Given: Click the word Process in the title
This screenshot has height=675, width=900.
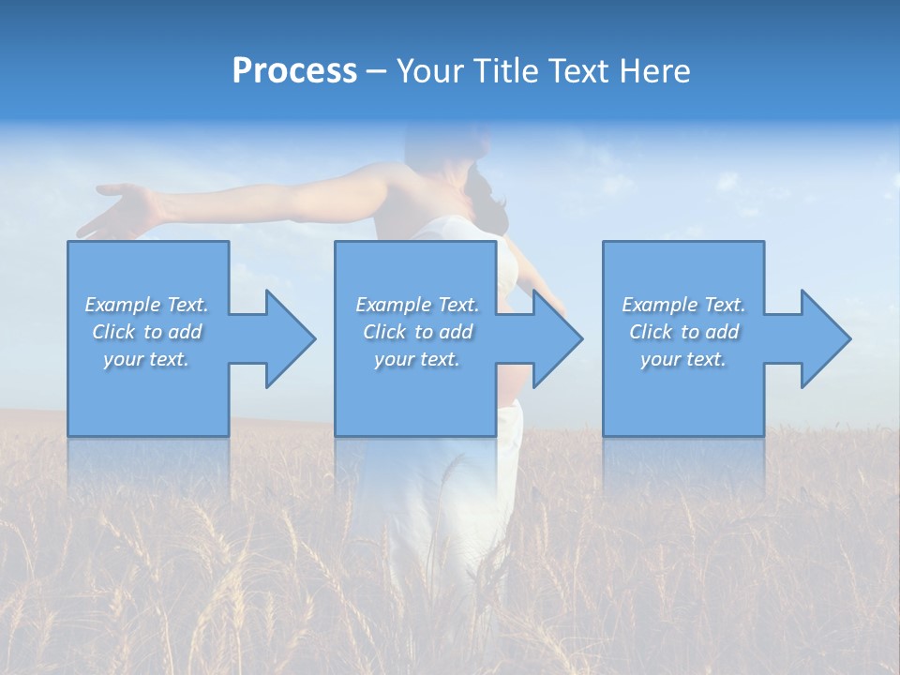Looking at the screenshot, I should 294,71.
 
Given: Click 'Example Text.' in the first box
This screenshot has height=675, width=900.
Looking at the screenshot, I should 146,305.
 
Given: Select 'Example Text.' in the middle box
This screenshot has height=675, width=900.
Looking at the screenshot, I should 416,305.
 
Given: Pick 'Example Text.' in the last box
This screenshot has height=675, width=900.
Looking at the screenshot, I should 683,305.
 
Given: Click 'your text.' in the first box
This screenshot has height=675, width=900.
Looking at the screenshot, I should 146,359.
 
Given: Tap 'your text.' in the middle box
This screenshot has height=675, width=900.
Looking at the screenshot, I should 416,359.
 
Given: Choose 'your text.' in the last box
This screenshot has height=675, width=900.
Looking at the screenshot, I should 683,359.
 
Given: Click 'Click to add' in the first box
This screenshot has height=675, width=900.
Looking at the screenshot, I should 146,332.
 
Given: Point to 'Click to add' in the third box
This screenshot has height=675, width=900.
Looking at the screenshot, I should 683,332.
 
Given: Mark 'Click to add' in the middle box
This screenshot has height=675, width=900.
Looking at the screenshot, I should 416,332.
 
